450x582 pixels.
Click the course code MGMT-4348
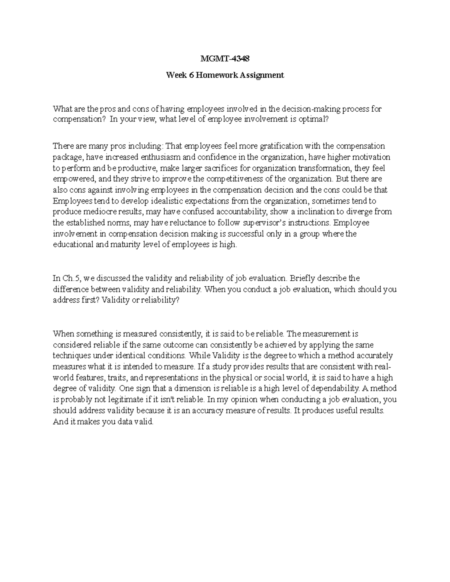(225, 59)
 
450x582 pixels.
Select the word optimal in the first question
(316, 120)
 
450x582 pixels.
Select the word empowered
(69, 179)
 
